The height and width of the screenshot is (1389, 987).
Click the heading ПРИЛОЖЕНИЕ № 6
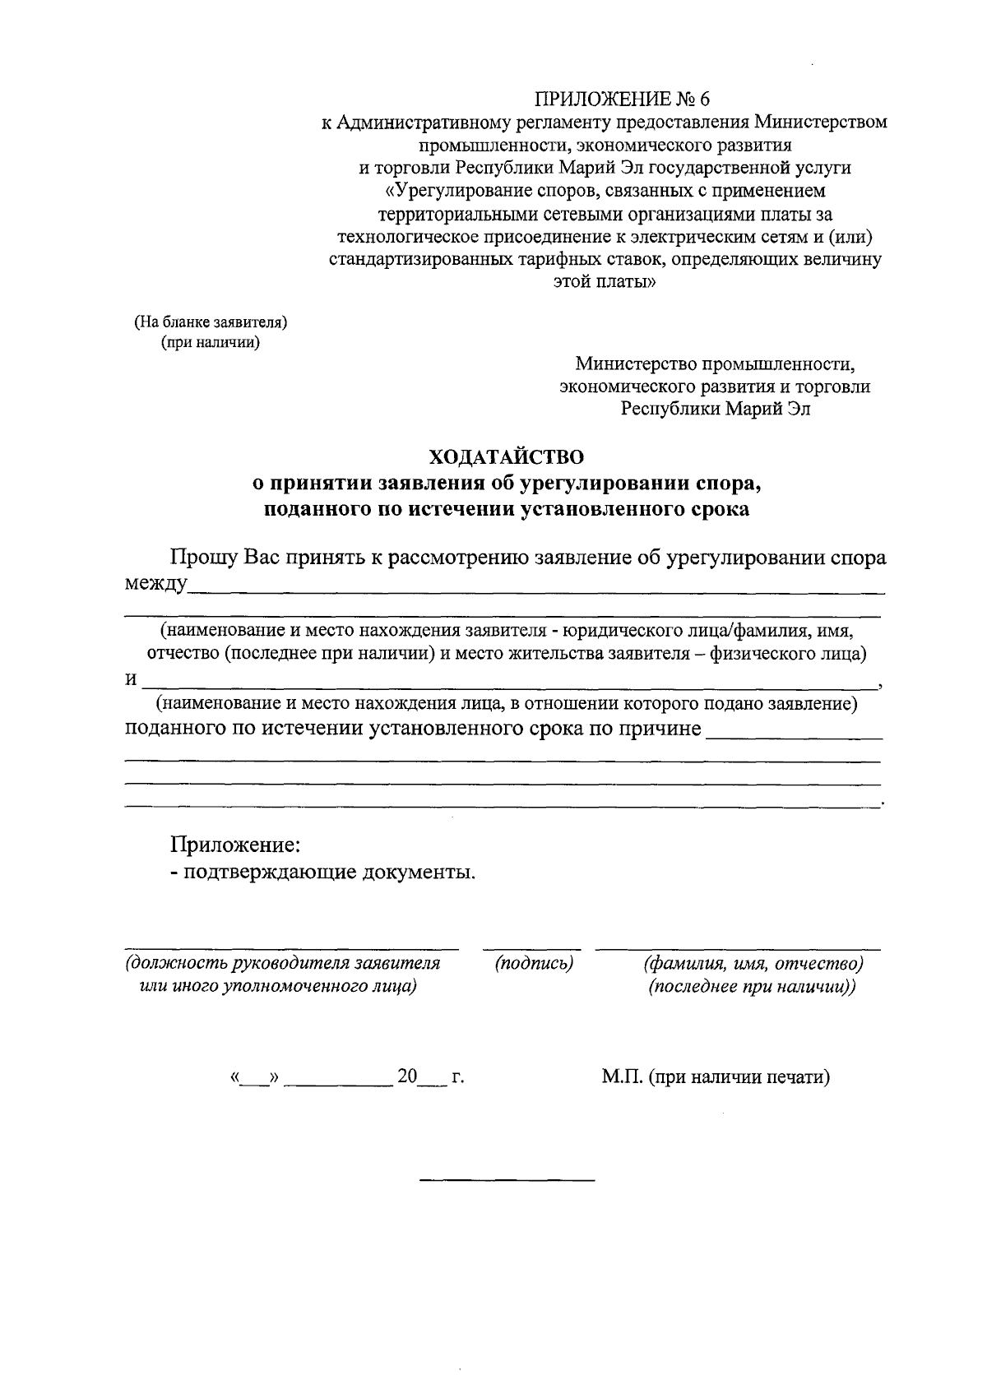coord(621,100)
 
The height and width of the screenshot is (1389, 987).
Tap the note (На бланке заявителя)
coord(211,322)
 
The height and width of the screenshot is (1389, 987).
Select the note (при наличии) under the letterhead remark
coord(211,343)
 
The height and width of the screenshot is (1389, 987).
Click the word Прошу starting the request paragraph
coord(204,558)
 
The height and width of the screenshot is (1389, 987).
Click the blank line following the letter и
coord(510,684)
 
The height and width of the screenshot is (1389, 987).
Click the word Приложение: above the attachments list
coord(234,844)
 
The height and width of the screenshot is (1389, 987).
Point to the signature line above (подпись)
coord(531,949)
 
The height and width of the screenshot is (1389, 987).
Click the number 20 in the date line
coord(408,1076)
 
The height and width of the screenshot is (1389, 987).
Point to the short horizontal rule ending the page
coord(507,1180)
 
